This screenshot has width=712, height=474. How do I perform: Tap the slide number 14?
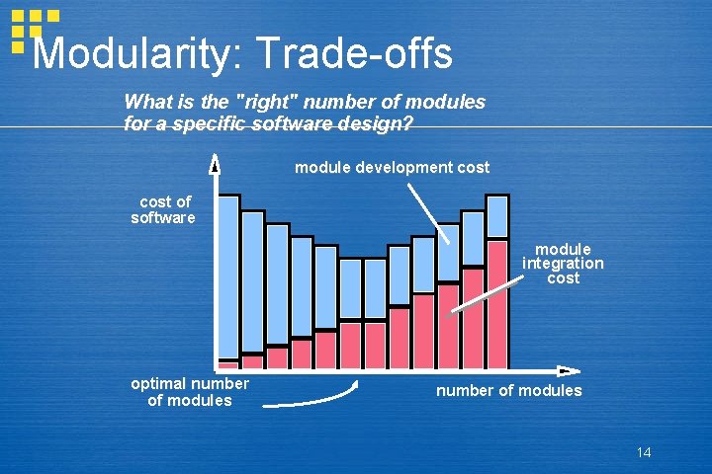pyautogui.click(x=644, y=453)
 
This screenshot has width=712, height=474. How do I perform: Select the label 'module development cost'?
pyautogui.click(x=392, y=168)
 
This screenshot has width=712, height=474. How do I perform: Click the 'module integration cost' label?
pyautogui.click(x=563, y=264)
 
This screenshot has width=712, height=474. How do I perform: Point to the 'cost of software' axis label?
pyautogui.click(x=163, y=210)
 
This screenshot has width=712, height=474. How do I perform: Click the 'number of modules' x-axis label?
pyautogui.click(x=508, y=391)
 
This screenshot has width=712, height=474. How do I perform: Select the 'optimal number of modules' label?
pyautogui.click(x=189, y=392)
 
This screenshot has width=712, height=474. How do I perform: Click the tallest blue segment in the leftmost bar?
pyautogui.click(x=228, y=276)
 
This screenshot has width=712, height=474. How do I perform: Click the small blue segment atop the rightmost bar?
pyautogui.click(x=497, y=217)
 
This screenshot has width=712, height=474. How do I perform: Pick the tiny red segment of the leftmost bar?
pyautogui.click(x=228, y=363)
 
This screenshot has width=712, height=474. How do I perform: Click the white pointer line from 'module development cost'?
pyautogui.click(x=428, y=212)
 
